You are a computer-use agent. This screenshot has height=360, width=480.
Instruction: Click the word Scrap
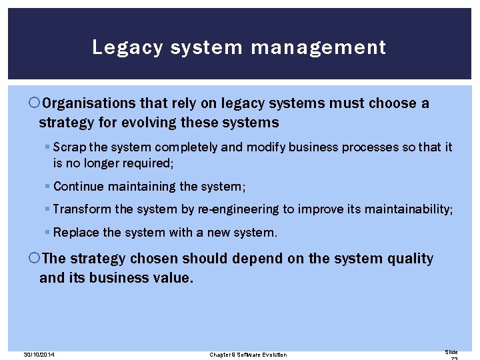coord(69,147)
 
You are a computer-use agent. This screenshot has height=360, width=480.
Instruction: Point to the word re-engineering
coord(238,209)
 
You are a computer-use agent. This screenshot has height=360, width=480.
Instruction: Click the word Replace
coord(76,233)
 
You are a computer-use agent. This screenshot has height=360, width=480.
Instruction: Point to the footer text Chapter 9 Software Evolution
coord(248,355)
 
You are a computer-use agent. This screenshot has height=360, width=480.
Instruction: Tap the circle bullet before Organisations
coord(35,103)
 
